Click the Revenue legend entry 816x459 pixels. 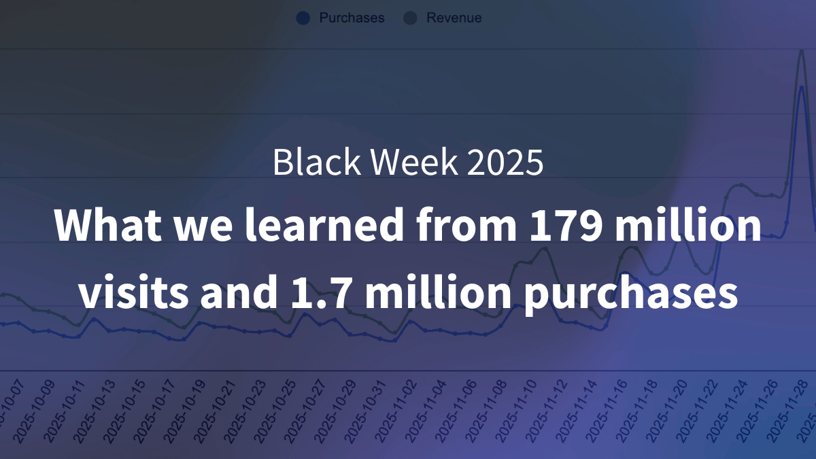[454, 18]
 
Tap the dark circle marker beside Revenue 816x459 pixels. [410, 18]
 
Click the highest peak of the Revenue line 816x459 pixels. [802, 51]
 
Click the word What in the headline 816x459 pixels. [99, 226]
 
